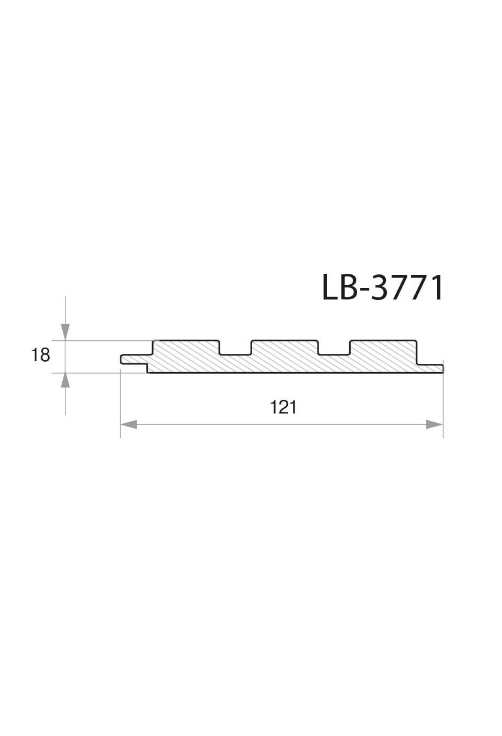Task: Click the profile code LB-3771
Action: click(x=382, y=288)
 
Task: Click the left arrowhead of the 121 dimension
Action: click(x=129, y=425)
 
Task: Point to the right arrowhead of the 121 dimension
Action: click(x=434, y=425)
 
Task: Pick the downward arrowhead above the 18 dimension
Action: click(x=65, y=332)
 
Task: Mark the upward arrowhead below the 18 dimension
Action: click(x=65, y=381)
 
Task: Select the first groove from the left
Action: click(x=236, y=348)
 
